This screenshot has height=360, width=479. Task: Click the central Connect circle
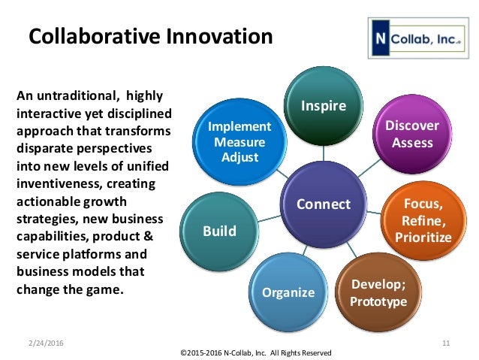[324, 204]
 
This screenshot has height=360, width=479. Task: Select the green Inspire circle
[324, 105]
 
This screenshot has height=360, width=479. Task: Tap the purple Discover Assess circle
[411, 133]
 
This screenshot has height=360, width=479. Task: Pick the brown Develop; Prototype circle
[379, 293]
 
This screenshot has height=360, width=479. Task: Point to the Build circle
[219, 231]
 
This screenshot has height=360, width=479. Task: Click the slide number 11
[446, 343]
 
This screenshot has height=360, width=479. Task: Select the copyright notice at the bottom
[255, 352]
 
